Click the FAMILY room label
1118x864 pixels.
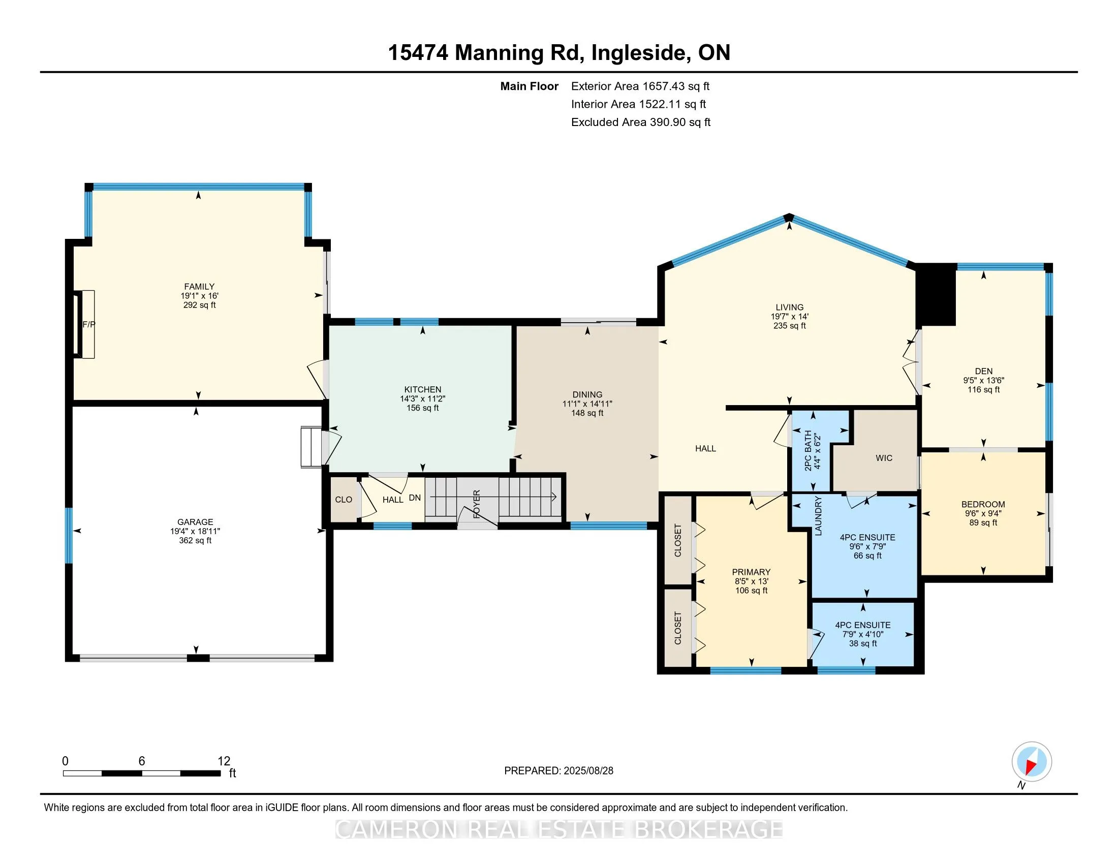pos(199,287)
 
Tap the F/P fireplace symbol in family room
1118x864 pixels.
pos(87,325)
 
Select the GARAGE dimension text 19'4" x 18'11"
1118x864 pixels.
pos(195,531)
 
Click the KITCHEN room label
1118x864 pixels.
pos(422,389)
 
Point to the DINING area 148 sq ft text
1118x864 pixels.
pos(587,413)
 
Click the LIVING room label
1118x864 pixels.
pos(789,307)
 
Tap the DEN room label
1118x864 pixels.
pos(983,371)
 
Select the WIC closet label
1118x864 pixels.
pos(884,458)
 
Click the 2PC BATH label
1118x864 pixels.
pos(809,450)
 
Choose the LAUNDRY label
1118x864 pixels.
pos(818,515)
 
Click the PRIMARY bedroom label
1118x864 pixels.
pos(751,572)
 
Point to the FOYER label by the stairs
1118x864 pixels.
pos(477,504)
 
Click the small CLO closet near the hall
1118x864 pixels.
pos(344,500)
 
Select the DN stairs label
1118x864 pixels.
pos(415,498)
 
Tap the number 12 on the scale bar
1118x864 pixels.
pos(224,761)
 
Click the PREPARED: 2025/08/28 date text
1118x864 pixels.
pos(558,771)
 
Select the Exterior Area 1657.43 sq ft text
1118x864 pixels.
pos(640,86)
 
